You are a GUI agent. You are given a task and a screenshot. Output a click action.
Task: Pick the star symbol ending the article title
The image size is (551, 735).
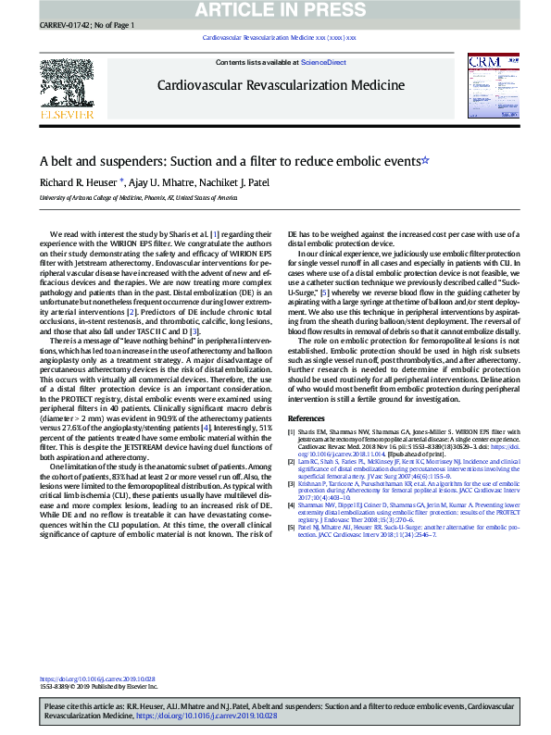(x=425, y=160)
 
